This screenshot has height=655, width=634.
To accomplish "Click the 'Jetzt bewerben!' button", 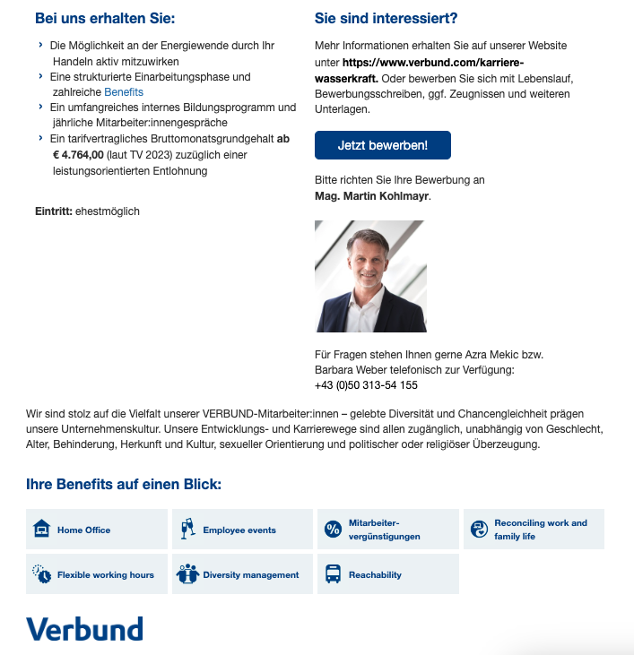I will tap(382, 145).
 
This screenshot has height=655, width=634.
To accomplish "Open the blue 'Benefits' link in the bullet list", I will tap(124, 92).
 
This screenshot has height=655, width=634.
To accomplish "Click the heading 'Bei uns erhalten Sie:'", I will tap(105, 19).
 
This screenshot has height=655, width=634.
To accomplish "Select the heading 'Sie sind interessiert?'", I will tap(386, 19).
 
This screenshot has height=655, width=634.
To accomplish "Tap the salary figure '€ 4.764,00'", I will tap(78, 155).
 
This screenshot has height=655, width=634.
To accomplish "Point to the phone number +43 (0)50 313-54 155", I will tap(366, 386).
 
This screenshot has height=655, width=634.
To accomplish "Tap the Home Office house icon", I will tap(41, 529).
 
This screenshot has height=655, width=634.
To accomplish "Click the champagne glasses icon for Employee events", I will tap(187, 529).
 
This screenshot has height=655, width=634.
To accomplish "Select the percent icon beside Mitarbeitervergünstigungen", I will tap(333, 529).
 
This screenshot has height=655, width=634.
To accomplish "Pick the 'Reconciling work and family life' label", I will tap(540, 530).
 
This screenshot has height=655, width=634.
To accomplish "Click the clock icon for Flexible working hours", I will tap(41, 574).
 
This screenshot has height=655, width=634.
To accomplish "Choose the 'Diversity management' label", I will tap(250, 575).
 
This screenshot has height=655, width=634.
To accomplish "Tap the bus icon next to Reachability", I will tap(333, 574).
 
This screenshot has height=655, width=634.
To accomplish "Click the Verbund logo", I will tap(84, 628).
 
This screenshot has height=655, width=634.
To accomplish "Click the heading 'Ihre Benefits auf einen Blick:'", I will tap(124, 485).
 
